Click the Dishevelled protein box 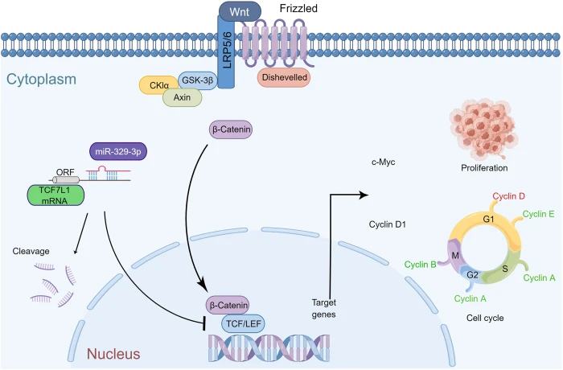284,76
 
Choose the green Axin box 182,97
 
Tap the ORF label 65,171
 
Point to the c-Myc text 383,162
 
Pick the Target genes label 329,308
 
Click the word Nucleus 113,352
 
